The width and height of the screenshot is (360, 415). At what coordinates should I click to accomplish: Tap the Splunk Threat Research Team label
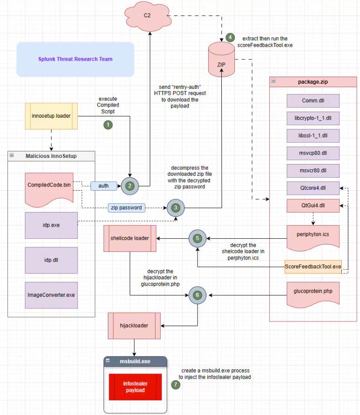[x=75, y=59]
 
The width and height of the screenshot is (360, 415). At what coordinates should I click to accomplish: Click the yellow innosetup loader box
[x=51, y=115]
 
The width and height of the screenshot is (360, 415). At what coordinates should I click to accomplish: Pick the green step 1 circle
[x=108, y=125]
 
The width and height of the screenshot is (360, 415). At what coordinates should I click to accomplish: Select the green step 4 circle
[x=229, y=37]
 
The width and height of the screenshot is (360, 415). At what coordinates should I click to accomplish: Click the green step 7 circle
[x=175, y=385]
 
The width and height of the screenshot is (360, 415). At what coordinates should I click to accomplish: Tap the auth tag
[x=103, y=186]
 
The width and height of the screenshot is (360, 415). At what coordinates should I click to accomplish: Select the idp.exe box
[x=51, y=225]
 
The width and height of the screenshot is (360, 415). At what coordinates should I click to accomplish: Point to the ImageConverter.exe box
[x=51, y=295]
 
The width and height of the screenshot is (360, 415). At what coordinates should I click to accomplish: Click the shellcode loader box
[x=130, y=238]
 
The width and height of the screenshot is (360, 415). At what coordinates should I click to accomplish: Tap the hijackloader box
[x=134, y=326]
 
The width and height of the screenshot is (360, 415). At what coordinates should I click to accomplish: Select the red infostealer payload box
[x=135, y=387]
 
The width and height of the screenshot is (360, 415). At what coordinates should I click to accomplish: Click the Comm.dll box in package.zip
[x=312, y=101]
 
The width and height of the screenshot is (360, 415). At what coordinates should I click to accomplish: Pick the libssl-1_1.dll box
[x=312, y=136]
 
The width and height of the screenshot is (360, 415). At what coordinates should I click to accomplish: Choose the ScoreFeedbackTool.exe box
[x=313, y=266]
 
